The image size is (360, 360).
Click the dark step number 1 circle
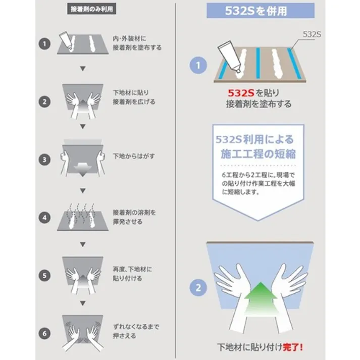(x=45, y=43)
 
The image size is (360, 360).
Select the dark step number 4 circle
(x=45, y=218)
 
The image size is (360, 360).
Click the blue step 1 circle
(x=198, y=65)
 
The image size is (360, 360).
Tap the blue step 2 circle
(x=198, y=288)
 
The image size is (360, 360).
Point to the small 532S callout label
(x=313, y=34)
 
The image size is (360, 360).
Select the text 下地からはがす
(x=133, y=157)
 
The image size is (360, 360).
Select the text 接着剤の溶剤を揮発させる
(x=134, y=217)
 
